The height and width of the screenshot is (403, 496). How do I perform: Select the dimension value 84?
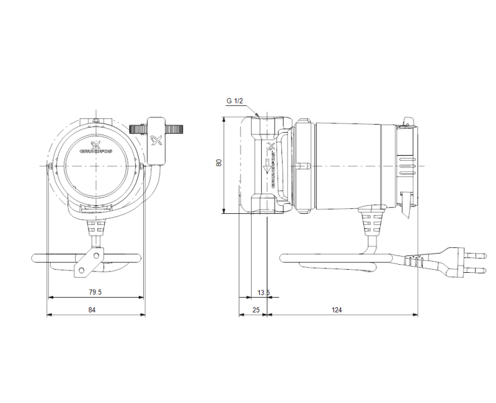pyautogui.click(x=92, y=309)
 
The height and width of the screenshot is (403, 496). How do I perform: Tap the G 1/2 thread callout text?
pyautogui.click(x=237, y=101)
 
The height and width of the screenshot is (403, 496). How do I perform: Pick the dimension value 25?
pyautogui.click(x=254, y=309)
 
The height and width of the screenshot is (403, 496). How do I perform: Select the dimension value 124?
pyautogui.click(x=337, y=309)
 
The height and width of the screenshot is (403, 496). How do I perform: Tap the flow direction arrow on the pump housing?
pyautogui.click(x=266, y=166)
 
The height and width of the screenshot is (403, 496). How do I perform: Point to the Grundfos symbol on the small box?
pyautogui.click(x=155, y=137)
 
